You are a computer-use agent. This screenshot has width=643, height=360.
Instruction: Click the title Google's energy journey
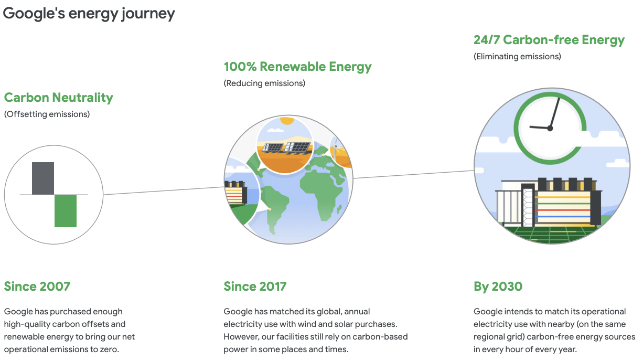pos(89,14)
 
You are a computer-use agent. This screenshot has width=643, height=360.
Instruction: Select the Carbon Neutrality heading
pos(59,98)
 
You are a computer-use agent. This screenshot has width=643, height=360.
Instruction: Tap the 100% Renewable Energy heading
pos(298,67)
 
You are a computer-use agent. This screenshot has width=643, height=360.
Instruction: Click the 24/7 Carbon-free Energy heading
pos(549,40)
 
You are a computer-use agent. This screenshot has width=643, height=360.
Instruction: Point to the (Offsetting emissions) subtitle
pos(47,114)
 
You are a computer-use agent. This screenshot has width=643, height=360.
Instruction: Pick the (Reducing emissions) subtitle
pos(264,83)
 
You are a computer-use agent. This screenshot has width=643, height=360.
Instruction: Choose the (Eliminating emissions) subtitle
pos(517,56)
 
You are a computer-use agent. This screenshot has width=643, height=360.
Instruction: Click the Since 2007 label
pos(37,287)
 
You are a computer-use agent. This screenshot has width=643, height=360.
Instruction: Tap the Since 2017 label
pos(255,287)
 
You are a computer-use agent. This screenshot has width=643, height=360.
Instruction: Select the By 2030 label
pos(498,287)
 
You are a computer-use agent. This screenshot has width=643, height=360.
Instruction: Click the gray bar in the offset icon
pos(43,178)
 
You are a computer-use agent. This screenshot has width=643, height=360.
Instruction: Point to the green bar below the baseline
pos(66,211)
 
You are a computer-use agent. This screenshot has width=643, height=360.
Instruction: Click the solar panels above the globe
pos(287,147)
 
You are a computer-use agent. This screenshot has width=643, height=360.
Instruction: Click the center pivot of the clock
pos(550,129)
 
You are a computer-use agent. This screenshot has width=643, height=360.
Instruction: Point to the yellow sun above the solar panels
pos(287,121)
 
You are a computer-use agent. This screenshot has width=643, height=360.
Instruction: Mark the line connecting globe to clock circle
pos(413,174)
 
